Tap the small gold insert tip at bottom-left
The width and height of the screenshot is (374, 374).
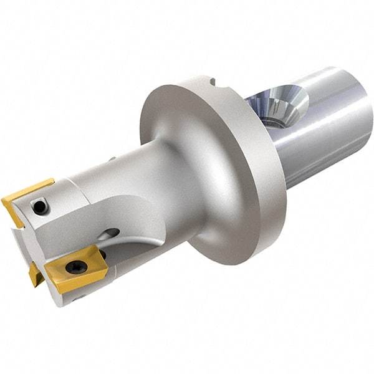click(x=34, y=274)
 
